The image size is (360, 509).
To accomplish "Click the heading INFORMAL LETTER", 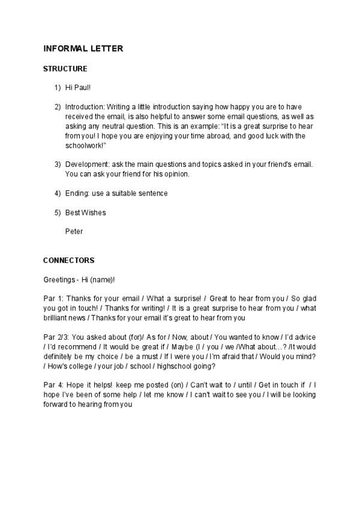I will tap(83, 49).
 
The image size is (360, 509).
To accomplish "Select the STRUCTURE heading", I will tap(65, 69).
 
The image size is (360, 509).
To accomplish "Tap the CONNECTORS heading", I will tap(69, 261).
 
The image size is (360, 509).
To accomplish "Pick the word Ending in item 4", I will tap(76, 193).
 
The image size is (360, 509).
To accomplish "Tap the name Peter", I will tap(74, 231).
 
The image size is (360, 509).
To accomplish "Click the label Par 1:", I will tap(54, 299).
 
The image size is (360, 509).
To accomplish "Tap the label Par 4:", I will tap(54, 385).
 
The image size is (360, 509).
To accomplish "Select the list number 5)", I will tap(58, 212).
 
